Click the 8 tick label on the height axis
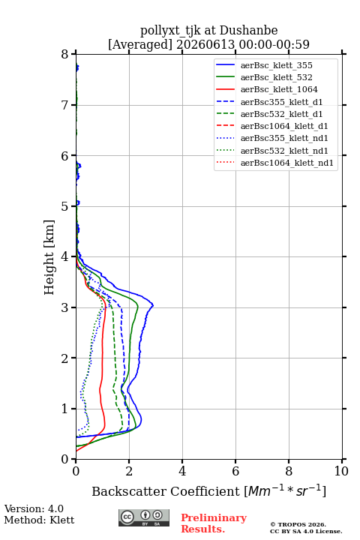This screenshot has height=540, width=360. tap(65, 54)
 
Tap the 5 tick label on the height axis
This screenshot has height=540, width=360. tap(65, 206)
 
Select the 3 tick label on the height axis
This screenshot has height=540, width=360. tap(65, 307)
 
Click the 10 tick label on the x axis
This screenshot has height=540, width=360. tap(341, 471)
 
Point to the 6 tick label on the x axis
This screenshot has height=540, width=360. tap(235, 471)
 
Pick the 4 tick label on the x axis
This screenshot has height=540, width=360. tap(182, 471)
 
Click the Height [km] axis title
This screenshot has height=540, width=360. tap(49, 257)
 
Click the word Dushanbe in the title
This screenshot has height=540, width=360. tap(248, 31)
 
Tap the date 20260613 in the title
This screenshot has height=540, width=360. tap(205, 44)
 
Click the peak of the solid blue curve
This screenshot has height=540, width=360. tap(152, 305)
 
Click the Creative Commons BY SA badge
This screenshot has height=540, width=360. tap(144, 517)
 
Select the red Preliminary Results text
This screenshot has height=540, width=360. tap(214, 523)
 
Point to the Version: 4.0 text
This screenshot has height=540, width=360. tap(34, 508)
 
